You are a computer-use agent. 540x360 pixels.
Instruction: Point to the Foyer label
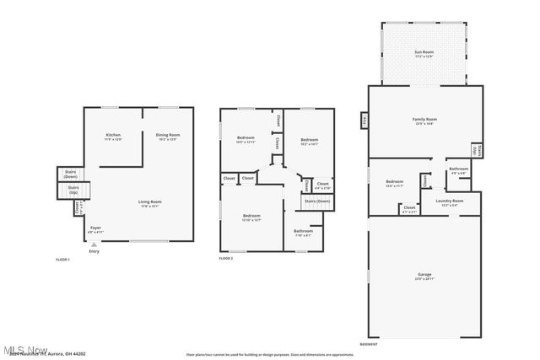95,228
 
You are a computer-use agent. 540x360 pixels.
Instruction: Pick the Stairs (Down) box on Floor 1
71,175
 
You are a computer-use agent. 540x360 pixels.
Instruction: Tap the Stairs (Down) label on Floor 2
317,201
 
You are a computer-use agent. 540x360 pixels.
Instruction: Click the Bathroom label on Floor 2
303,232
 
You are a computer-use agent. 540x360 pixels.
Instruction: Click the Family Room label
424,121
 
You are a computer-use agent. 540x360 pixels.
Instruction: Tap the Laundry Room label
451,201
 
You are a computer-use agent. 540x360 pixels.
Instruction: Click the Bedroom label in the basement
395,182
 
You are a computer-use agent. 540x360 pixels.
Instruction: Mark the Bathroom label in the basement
458,169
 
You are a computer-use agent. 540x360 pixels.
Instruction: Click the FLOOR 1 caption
62,260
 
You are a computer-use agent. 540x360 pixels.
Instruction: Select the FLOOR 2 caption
226,258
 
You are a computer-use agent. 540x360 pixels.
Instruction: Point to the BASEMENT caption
369,345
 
